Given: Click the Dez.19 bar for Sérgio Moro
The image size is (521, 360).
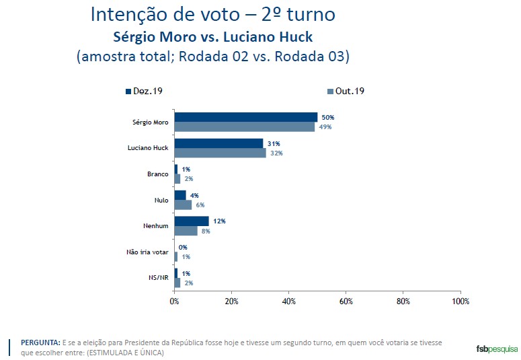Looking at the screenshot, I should click(245, 117).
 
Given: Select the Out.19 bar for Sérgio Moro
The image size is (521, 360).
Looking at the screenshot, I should click(244, 127).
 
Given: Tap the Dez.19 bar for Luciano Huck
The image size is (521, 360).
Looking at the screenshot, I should click(218, 143).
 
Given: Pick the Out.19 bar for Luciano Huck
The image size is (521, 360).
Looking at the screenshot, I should click(220, 153).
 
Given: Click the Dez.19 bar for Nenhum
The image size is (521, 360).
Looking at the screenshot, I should click(192, 221).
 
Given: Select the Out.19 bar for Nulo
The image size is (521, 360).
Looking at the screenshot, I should click(183, 205).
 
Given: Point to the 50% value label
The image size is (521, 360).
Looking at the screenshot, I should click(327, 117).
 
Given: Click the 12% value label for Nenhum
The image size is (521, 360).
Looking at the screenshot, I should click(219, 221).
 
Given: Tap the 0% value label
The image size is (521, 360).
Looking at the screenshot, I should click(183, 247).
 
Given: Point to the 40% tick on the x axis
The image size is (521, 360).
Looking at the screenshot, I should click(288, 300).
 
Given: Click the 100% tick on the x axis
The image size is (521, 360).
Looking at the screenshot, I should click(460, 300).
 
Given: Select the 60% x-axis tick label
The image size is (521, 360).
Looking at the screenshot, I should click(346, 300).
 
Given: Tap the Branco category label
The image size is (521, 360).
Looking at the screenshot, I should click(158, 174).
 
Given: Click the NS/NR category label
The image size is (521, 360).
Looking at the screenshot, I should click(158, 277).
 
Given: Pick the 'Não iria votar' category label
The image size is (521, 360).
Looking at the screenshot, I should click(147, 252).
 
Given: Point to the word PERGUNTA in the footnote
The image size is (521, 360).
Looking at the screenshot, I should click(40, 343).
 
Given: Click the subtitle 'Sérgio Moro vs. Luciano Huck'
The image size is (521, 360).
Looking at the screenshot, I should click(212, 36).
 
